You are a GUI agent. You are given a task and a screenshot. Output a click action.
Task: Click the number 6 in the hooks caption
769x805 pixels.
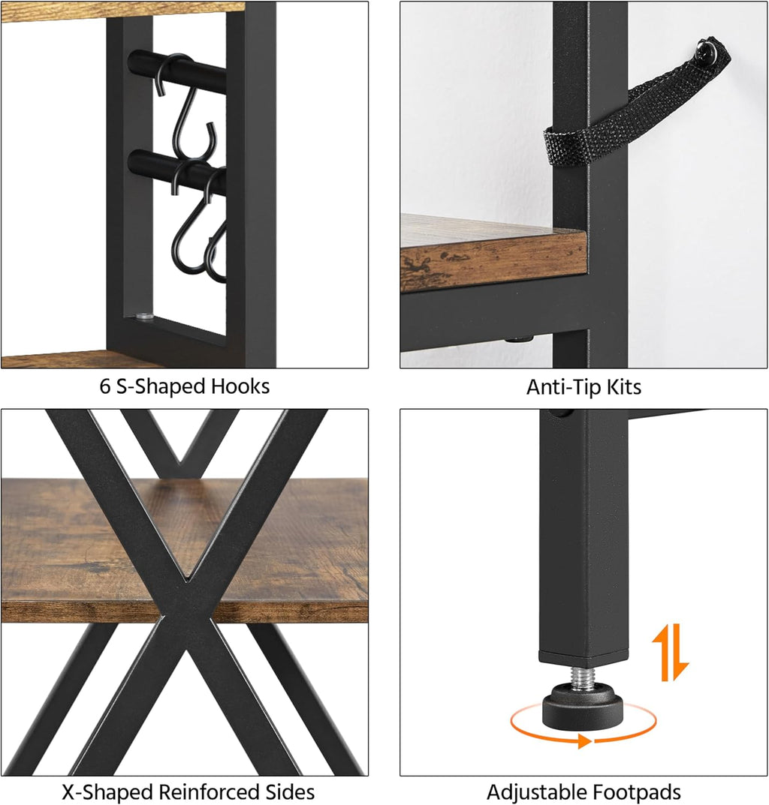click(x=105, y=386)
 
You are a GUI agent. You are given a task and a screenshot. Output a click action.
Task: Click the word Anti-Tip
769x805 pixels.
click(x=564, y=387)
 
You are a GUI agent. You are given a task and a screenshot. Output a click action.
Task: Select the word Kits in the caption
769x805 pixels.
click(x=624, y=387)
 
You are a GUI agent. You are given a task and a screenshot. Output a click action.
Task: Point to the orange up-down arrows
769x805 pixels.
click(x=671, y=653)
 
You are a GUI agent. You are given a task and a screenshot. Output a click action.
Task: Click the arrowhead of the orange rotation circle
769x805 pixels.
click(x=584, y=740)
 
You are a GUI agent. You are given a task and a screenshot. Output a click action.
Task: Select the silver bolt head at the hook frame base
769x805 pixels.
click(x=145, y=316)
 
